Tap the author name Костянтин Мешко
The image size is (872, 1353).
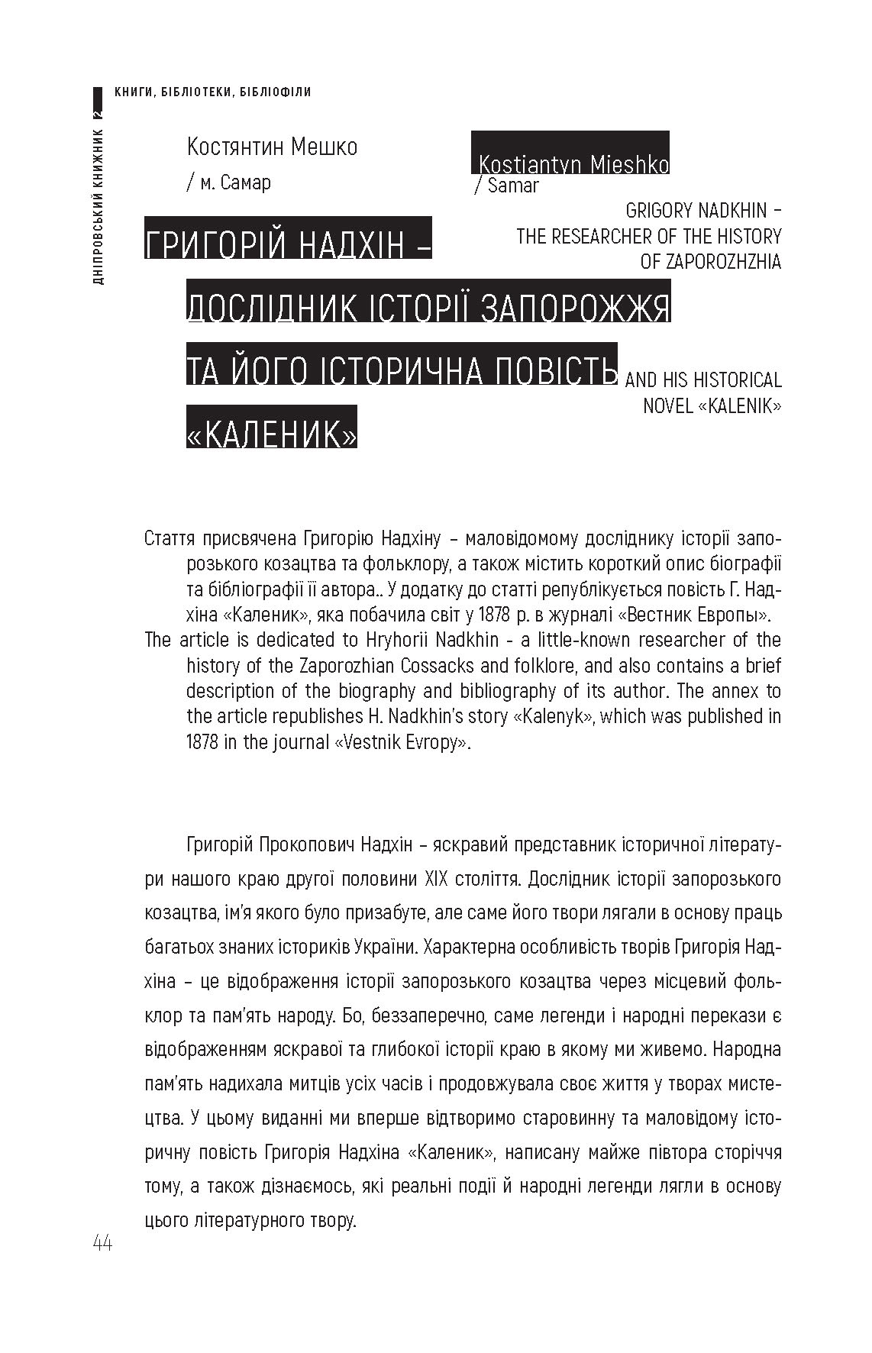(x=272, y=147)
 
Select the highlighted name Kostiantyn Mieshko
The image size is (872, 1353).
(x=573, y=164)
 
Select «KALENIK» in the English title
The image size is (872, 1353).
(x=739, y=406)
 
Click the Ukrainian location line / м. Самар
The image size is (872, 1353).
(x=228, y=183)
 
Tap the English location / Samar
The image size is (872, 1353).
(x=507, y=186)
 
